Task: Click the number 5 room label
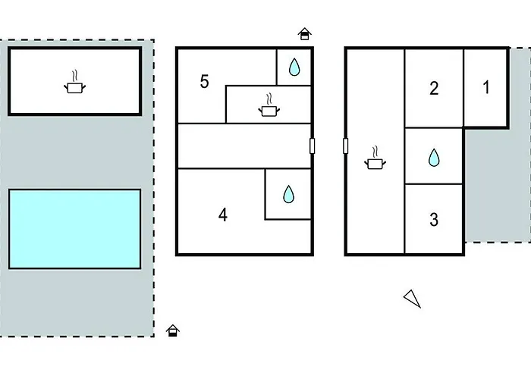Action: coord(204,82)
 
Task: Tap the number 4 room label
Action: coord(222,215)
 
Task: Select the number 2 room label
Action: coord(434,89)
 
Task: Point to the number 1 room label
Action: coord(485,87)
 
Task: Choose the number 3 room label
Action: coord(434,221)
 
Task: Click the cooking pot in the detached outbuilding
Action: coord(74,85)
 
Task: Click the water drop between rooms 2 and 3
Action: coord(434,157)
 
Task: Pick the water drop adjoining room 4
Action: coord(288,195)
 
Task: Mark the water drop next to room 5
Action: coord(294,68)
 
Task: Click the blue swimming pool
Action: coord(74,228)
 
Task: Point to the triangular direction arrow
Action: coord(412,299)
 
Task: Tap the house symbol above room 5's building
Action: coord(304,34)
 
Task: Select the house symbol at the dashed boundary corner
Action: coord(173,330)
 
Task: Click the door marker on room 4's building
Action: coord(312,146)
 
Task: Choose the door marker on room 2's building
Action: coord(346,146)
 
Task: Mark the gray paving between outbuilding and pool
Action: coord(74,152)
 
